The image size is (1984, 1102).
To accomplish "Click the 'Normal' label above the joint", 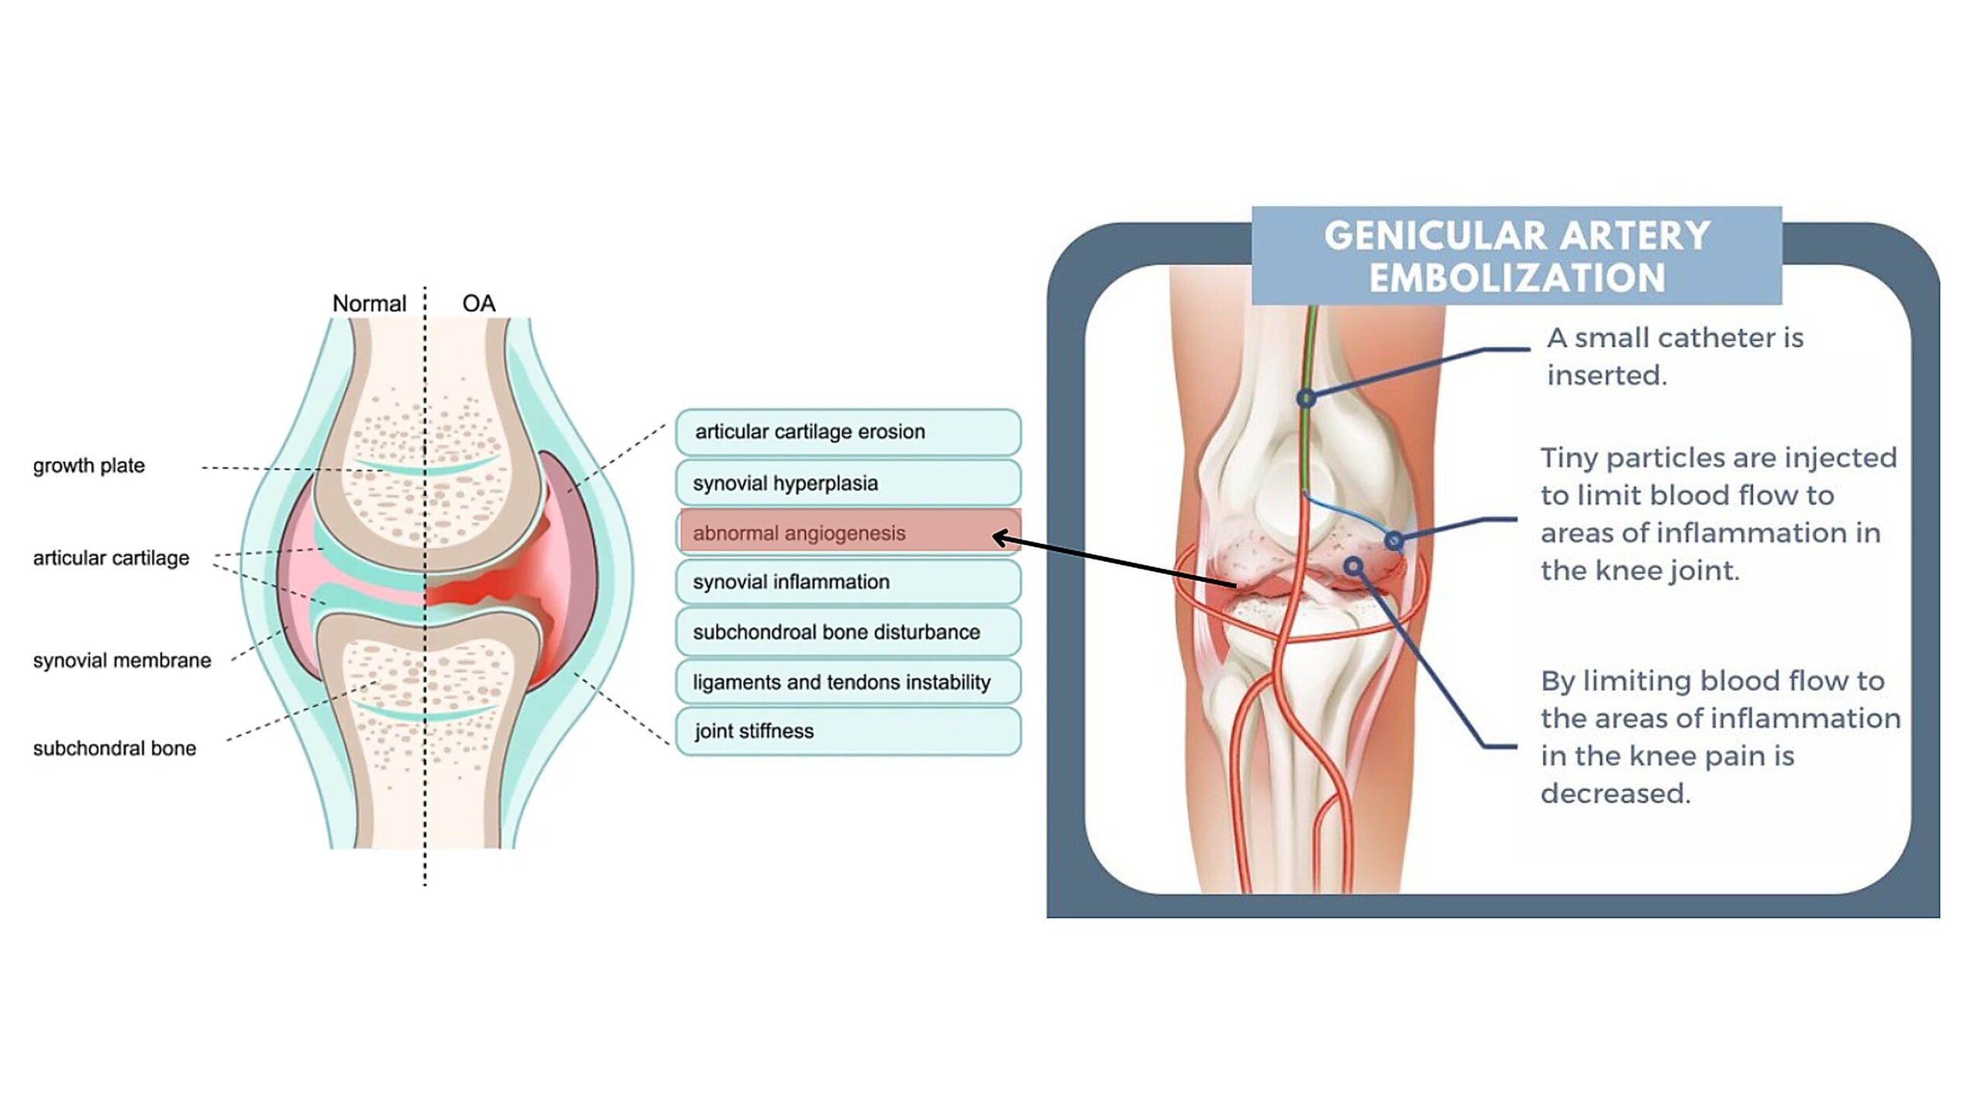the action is pyautogui.click(x=369, y=303).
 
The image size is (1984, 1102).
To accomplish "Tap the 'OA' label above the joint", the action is pyautogui.click(x=478, y=303).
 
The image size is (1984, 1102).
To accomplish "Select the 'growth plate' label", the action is pyautogui.click(x=88, y=466).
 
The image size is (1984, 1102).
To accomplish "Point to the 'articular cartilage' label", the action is pyautogui.click(x=111, y=558).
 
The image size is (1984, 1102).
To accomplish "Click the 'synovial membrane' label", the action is pyautogui.click(x=122, y=660).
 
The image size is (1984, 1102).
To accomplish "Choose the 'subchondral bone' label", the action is pyautogui.click(x=114, y=749).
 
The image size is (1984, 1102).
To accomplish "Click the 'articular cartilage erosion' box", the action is pyautogui.click(x=848, y=432).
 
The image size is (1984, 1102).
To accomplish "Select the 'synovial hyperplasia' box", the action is pyautogui.click(x=848, y=483).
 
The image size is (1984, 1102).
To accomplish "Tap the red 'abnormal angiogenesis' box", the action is pyautogui.click(x=849, y=532).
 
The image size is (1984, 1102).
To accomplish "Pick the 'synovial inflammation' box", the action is pyautogui.click(x=848, y=581).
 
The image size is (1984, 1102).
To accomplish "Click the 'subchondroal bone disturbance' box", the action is pyautogui.click(x=848, y=632).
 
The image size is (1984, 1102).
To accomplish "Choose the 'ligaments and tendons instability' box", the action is pyautogui.click(x=848, y=682).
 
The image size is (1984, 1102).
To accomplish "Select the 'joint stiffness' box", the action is pyautogui.click(x=848, y=731).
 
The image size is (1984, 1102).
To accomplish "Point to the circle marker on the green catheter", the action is pyautogui.click(x=1306, y=398).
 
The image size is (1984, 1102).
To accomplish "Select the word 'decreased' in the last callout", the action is pyautogui.click(x=1615, y=794).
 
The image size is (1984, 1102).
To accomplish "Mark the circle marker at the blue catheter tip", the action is pyautogui.click(x=1393, y=540).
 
